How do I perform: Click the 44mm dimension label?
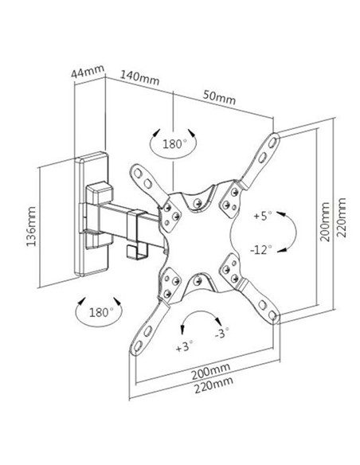[x=88, y=72]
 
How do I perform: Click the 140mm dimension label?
[x=139, y=78]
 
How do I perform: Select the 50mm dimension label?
[x=220, y=97]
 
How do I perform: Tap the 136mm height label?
[x=31, y=226]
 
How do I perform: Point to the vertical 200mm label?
[x=325, y=222]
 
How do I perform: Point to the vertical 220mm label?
[x=342, y=217]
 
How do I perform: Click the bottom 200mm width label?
[x=210, y=371]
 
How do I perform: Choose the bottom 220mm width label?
[x=213, y=385]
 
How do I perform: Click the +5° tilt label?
[x=263, y=216]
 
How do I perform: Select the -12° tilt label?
[x=261, y=250]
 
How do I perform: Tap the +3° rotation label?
[x=185, y=346]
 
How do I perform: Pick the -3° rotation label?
[x=222, y=333]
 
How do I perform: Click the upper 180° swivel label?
[x=175, y=144]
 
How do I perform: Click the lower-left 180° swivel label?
[x=101, y=312]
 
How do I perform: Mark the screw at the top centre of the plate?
[x=198, y=203]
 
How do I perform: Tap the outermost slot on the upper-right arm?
[x=272, y=143]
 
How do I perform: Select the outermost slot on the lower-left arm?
[x=138, y=346]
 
